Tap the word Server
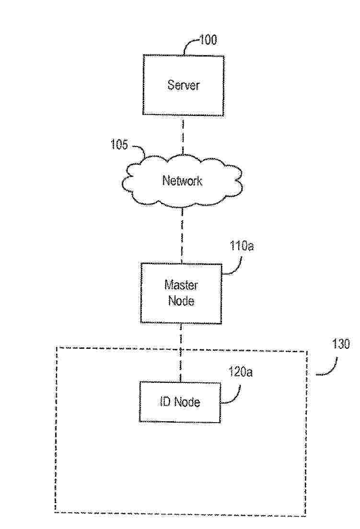(x=183, y=85)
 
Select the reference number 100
(x=208, y=40)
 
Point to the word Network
(x=182, y=181)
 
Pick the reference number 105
(x=120, y=144)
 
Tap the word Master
(x=181, y=286)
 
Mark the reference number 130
(x=341, y=344)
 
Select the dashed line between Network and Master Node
(x=182, y=235)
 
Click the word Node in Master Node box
(x=181, y=302)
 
